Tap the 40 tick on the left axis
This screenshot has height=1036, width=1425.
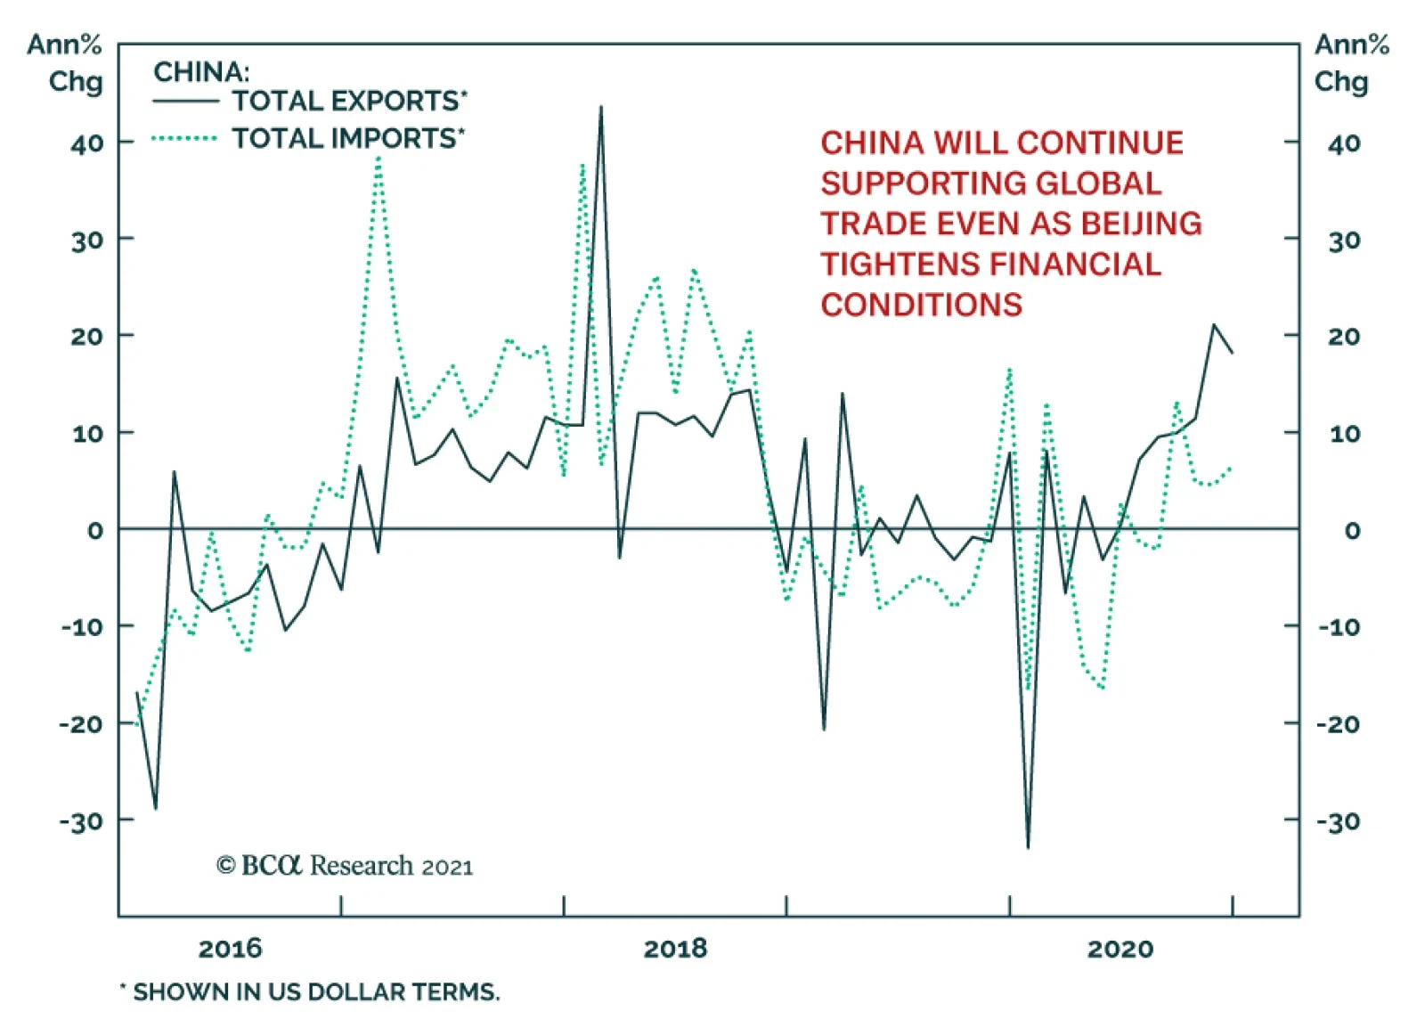point(87,143)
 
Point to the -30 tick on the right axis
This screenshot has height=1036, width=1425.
point(1339,820)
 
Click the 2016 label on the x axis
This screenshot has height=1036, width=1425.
point(230,948)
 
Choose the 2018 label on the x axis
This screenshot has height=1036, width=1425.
point(675,948)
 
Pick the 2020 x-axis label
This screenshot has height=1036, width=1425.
point(1120,948)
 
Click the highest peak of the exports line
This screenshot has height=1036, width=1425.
point(601,108)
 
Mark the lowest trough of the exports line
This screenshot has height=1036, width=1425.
point(1028,847)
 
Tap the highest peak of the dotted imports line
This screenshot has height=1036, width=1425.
point(379,159)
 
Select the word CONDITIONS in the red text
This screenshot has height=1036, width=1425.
point(921,305)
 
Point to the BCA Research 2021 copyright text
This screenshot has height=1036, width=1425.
point(345,866)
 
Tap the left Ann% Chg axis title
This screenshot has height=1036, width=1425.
point(64,62)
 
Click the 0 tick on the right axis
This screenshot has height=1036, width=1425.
point(1351,530)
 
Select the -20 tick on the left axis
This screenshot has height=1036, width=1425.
point(81,723)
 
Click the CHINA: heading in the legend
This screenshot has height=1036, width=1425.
point(201,71)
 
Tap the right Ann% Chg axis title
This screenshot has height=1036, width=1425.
point(1350,62)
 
